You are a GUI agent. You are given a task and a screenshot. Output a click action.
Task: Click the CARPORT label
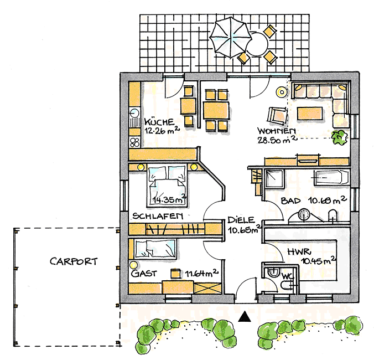point(74,261)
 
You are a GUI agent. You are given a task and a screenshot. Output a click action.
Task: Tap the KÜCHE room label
point(159,122)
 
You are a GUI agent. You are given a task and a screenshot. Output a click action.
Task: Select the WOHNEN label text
point(277,131)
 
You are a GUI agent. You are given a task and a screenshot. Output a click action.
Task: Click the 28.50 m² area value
point(277,140)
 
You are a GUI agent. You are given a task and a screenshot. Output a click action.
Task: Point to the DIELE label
point(241,220)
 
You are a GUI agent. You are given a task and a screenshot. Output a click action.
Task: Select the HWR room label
point(299,252)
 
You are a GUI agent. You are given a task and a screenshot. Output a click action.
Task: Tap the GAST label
point(144,274)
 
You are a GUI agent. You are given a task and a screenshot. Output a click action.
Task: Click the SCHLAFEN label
point(158,216)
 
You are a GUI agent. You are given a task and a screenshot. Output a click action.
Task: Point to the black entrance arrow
point(245,317)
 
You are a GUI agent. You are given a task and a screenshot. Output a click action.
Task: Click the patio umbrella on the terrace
point(230,38)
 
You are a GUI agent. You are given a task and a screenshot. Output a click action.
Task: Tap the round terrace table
point(258,44)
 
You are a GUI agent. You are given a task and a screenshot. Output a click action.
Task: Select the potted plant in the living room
point(339,137)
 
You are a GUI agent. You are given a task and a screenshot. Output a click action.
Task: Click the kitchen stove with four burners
point(134,142)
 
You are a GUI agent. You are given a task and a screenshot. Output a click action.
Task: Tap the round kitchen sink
point(134,113)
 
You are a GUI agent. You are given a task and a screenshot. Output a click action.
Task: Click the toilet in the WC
point(273,272)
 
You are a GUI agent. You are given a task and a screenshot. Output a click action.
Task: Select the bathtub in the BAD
point(331,178)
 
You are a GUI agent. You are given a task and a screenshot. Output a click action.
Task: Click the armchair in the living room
point(277,116)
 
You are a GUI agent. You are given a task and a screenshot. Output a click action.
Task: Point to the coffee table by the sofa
point(310,113)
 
